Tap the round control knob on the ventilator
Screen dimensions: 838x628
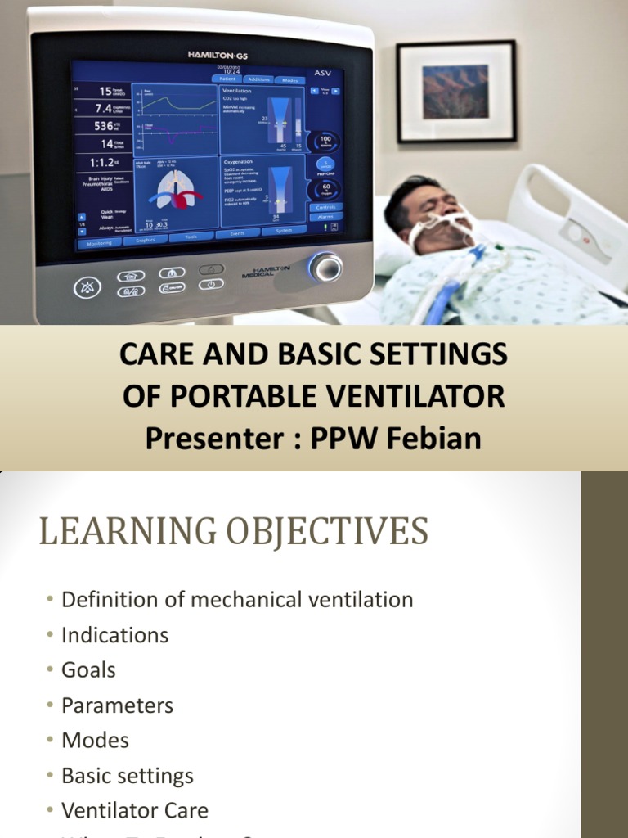click(325, 267)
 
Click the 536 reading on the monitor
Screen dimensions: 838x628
click(104, 126)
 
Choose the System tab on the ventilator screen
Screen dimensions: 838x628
click(284, 232)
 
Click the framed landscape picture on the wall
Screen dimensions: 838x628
click(455, 91)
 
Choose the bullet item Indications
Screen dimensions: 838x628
click(114, 635)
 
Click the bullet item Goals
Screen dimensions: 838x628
click(88, 670)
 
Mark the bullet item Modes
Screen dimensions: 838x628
click(95, 741)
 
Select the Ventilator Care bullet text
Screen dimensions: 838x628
click(135, 811)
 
